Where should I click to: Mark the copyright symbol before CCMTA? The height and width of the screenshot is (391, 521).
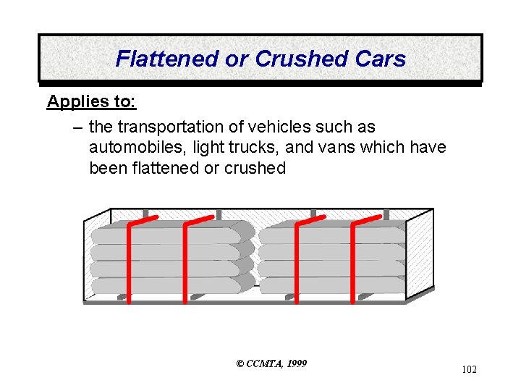(x=241, y=363)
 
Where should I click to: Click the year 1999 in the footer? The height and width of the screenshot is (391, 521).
(x=296, y=363)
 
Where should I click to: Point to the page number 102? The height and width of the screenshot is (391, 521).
(x=469, y=370)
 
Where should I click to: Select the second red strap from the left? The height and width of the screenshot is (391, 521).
(x=186, y=261)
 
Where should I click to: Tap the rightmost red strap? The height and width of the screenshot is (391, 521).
(x=354, y=261)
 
